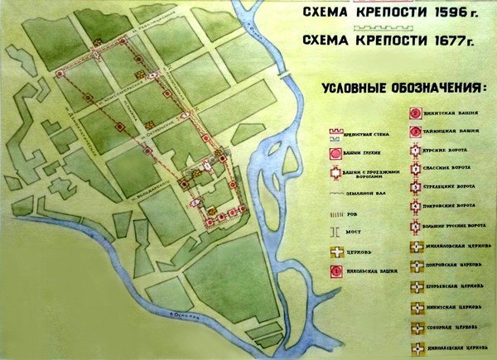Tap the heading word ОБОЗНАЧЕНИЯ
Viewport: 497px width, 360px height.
point(432,89)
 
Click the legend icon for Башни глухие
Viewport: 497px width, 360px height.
point(335,151)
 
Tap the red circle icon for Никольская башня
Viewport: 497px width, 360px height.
point(335,270)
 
